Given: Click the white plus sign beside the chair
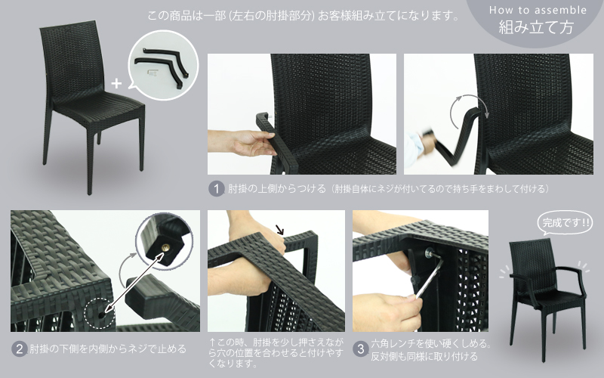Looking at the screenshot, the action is pos(116,83).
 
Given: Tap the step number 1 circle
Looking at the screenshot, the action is pos(217,189).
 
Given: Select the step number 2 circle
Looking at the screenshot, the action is pos(20,349).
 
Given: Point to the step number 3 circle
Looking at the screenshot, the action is pos(361,349).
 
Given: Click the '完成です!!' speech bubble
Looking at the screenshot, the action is pos(565,223).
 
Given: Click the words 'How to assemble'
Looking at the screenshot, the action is pos(538,11).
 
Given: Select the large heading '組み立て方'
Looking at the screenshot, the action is pos(536,27).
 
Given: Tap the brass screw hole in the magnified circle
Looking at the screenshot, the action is pos(165,248).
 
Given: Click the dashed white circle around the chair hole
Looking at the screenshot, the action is pos(100,313).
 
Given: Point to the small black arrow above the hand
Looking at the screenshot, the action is pos(280,230).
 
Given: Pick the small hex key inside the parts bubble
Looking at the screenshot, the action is pos(153,73).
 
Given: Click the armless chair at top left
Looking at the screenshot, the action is pos(91,106).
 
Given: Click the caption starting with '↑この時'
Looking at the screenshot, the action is pos(276,352).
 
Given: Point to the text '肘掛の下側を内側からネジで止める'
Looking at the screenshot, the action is pos(108,349).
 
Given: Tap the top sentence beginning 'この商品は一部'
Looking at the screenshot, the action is pos(304,15).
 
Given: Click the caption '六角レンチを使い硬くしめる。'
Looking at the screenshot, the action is pos(430,343).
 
